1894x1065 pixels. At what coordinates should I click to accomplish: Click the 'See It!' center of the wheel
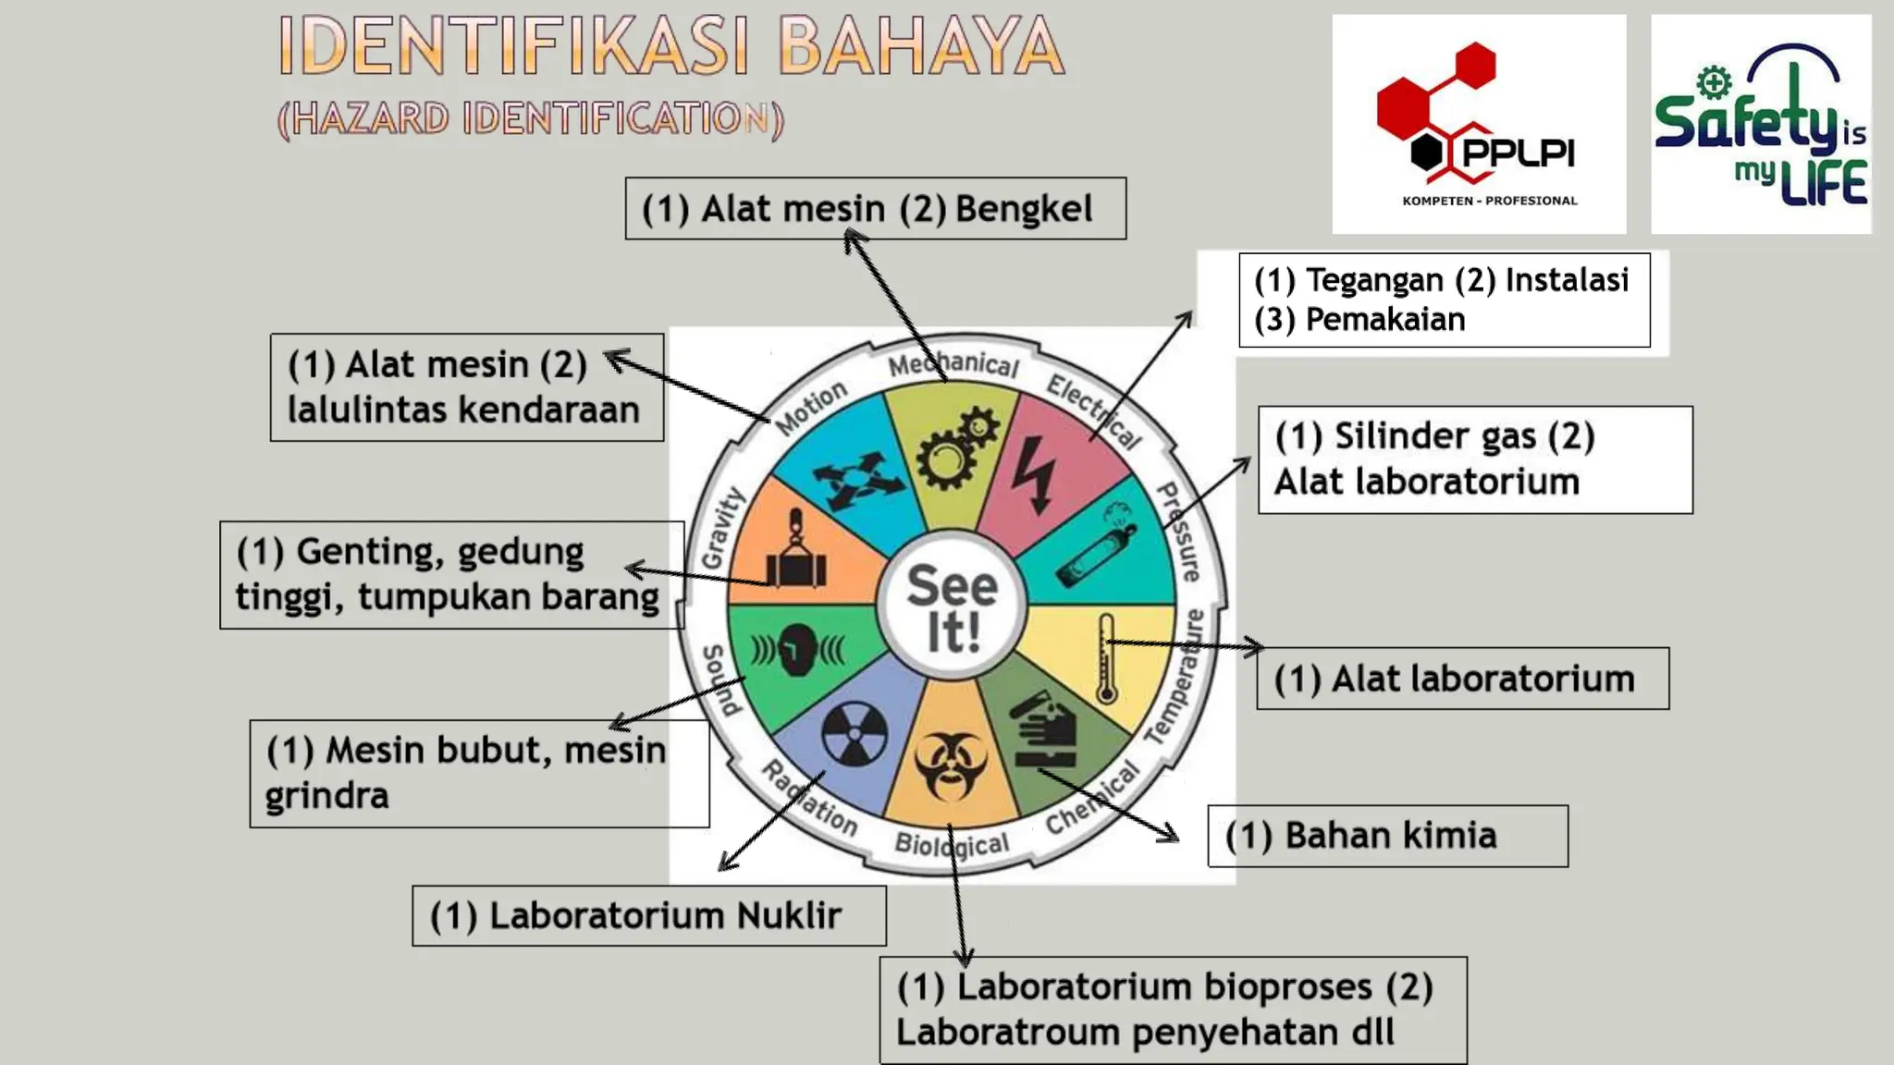pos(952,607)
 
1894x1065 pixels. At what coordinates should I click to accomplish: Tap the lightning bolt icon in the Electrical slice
pos(1034,474)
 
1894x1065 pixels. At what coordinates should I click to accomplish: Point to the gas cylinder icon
pos(1097,545)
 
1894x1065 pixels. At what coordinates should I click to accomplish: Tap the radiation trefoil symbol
pos(854,734)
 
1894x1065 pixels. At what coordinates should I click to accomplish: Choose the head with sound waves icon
pos(796,650)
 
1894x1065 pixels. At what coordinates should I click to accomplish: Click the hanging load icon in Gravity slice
pos(795,552)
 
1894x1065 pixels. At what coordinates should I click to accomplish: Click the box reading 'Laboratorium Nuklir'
pos(648,916)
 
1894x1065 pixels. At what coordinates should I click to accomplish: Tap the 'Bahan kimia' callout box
pos(1387,836)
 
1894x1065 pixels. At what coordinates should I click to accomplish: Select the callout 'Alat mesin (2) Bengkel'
pos(875,209)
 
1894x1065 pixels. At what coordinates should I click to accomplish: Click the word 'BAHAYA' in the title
pos(921,45)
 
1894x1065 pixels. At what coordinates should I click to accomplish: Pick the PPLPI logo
pos(1478,124)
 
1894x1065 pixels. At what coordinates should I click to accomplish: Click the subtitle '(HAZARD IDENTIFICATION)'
pos(531,119)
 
